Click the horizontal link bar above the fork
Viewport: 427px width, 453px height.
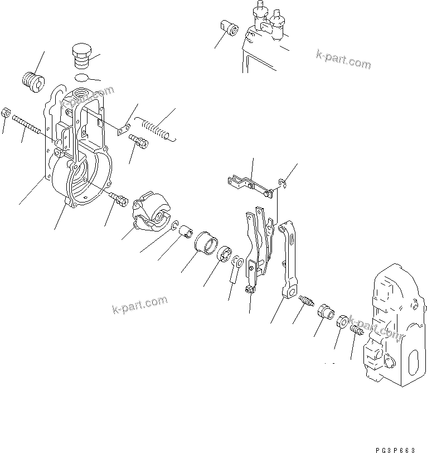tap(248, 185)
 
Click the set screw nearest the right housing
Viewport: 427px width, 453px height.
tap(356, 332)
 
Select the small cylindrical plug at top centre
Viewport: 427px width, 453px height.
tap(229, 27)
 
